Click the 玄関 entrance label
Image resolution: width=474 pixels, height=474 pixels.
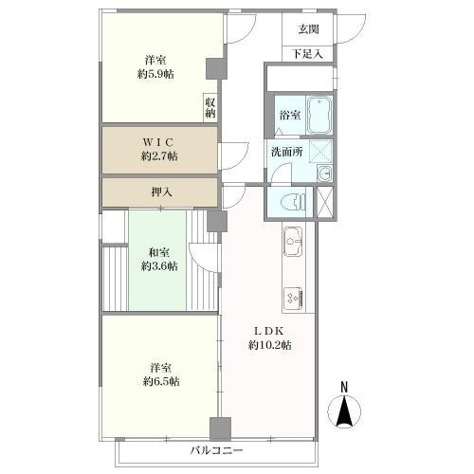point(309,29)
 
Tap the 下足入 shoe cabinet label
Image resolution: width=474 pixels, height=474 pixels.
point(308,54)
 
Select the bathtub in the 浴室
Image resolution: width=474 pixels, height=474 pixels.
point(319,116)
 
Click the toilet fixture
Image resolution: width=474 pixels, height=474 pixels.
point(293,202)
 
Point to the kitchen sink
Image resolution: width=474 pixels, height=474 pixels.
point(293,242)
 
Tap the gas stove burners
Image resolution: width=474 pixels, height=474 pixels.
point(294,298)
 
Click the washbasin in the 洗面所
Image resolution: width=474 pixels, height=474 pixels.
point(324,173)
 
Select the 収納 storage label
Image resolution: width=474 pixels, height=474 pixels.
point(210,108)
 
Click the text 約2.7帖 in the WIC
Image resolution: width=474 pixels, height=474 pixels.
point(159,156)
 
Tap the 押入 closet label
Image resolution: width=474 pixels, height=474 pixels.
point(161,191)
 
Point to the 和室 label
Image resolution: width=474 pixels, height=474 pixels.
point(159,253)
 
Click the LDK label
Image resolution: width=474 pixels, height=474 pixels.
point(269,331)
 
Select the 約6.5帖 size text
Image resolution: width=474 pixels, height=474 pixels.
point(161,382)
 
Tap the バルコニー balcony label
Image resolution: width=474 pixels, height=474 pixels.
point(217,450)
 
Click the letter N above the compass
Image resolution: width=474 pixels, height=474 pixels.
point(344,388)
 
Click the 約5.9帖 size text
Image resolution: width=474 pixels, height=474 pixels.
point(155,74)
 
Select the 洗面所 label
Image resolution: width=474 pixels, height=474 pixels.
point(287,152)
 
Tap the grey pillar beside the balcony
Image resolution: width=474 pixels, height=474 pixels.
point(220,429)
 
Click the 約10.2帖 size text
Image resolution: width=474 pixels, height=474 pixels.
point(270,345)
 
